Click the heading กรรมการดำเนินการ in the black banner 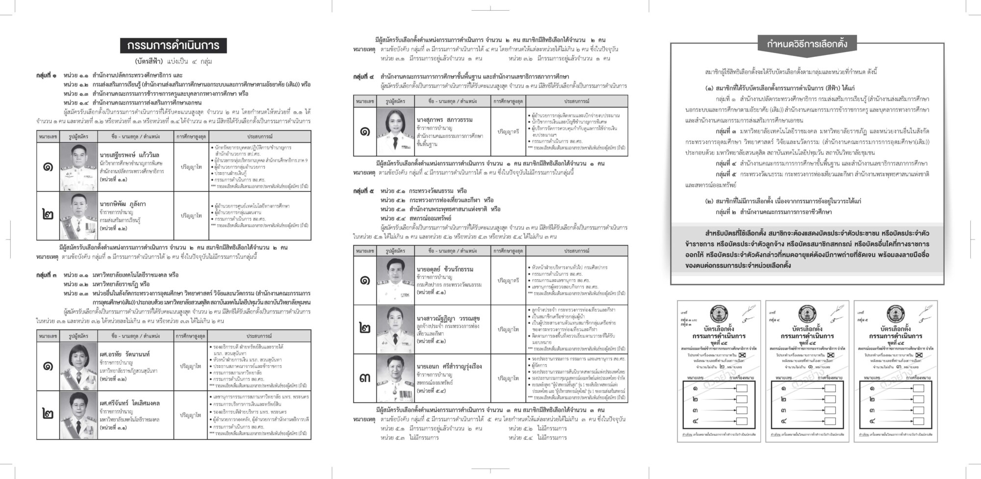click(x=174, y=46)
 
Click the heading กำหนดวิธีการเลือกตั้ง click(x=807, y=44)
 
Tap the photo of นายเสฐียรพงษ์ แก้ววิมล click(x=78, y=167)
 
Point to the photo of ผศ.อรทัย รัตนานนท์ click(x=78, y=366)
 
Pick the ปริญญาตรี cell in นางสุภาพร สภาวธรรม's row click(x=508, y=132)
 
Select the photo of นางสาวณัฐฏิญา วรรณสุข click(x=395, y=329)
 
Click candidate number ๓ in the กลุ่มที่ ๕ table click(x=364, y=378)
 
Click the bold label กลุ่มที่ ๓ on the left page click(x=46, y=275)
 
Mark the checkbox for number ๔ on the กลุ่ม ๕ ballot click(x=918, y=421)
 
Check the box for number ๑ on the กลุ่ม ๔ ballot click(x=830, y=388)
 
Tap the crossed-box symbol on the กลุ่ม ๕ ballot click(x=919, y=355)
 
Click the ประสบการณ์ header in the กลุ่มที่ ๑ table click(x=259, y=136)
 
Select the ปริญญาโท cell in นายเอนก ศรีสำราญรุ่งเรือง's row click(x=508, y=378)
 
